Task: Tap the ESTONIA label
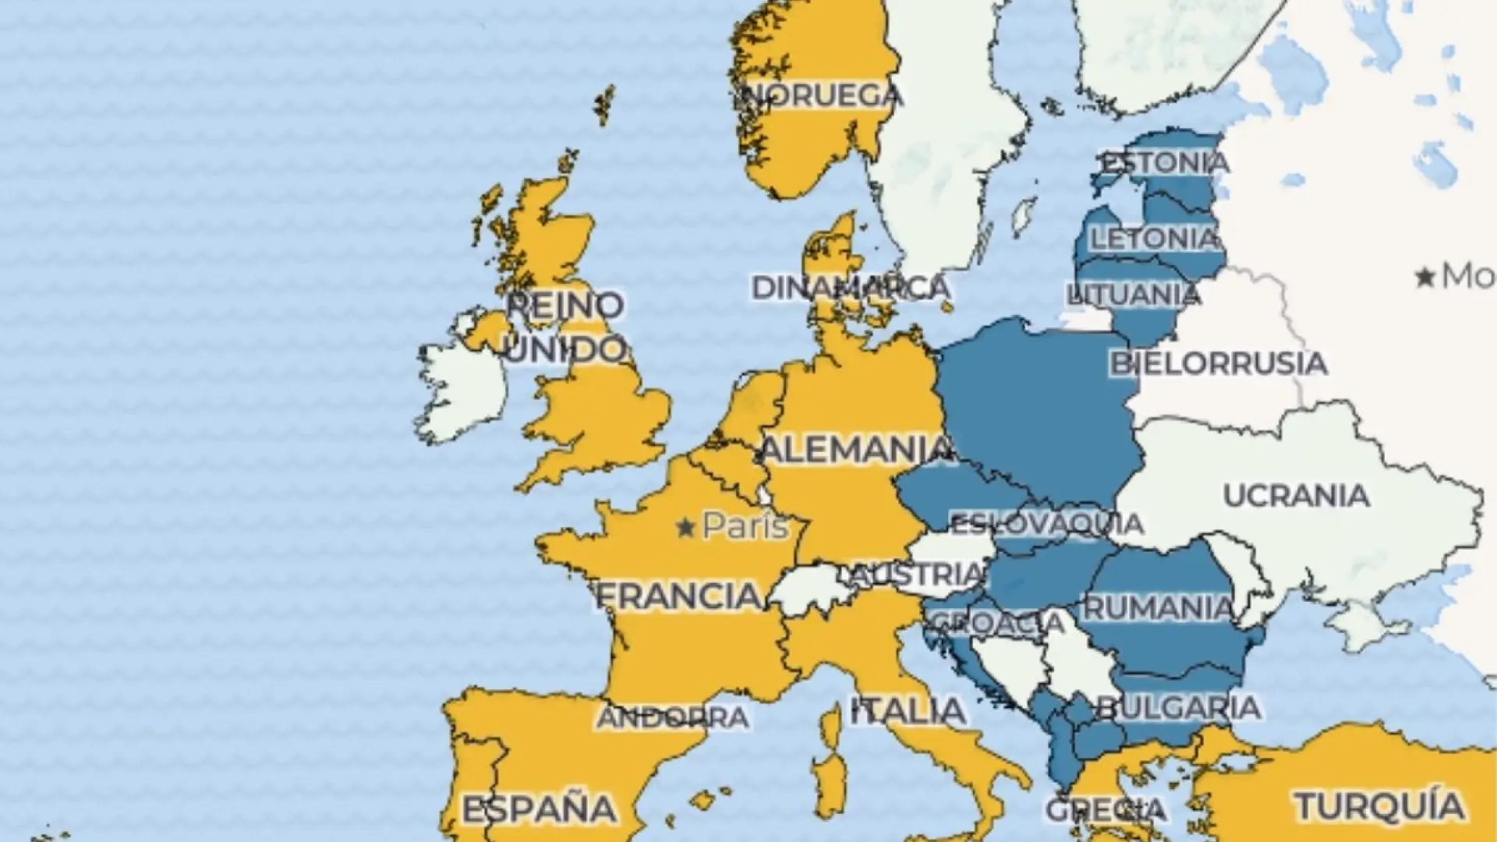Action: point(1164,163)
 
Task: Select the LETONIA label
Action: point(1154,239)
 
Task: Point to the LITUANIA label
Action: point(1134,295)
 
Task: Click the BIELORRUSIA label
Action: point(1218,363)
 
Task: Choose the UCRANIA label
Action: point(1296,496)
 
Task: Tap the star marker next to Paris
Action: point(685,529)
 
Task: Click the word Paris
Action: point(745,527)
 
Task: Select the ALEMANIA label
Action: point(855,450)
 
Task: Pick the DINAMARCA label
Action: point(850,288)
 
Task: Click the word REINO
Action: point(565,305)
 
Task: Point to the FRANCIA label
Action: point(678,596)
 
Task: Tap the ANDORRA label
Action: point(672,717)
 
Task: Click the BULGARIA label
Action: point(1177,708)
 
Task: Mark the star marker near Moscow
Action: point(1426,277)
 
